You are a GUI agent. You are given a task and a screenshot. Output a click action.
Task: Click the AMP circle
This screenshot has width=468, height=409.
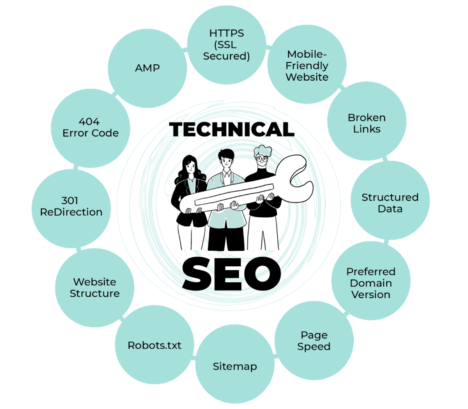tap(147, 68)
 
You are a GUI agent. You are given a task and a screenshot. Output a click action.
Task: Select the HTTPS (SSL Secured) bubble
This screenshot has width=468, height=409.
tap(227, 45)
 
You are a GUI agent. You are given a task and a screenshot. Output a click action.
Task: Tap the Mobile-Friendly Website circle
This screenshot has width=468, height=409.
tap(307, 64)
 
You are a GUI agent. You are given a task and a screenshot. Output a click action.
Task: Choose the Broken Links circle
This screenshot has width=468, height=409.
tap(367, 121)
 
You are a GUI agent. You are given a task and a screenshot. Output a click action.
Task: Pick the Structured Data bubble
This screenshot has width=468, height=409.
tap(390, 200)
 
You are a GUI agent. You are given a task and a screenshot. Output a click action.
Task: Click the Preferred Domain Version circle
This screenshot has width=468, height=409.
tap(370, 281)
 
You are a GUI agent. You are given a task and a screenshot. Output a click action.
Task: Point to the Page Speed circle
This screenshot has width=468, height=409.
tap(314, 341)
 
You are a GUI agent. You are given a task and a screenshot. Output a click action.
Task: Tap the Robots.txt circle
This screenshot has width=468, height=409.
tap(154, 345)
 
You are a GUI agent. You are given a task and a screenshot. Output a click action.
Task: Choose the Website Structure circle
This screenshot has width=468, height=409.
tap(94, 288)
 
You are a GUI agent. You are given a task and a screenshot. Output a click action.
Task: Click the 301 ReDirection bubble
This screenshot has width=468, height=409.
tap(71, 209)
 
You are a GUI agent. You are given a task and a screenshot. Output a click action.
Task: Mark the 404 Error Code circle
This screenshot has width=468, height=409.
tap(90, 128)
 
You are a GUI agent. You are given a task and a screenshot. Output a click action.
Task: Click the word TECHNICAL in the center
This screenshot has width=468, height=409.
tap(232, 129)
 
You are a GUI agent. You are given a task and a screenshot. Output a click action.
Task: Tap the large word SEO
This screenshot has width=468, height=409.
tap(232, 274)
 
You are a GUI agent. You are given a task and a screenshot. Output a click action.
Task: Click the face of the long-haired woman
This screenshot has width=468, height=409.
tap(190, 167)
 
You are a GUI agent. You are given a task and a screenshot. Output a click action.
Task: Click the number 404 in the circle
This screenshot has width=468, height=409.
tap(89, 122)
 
